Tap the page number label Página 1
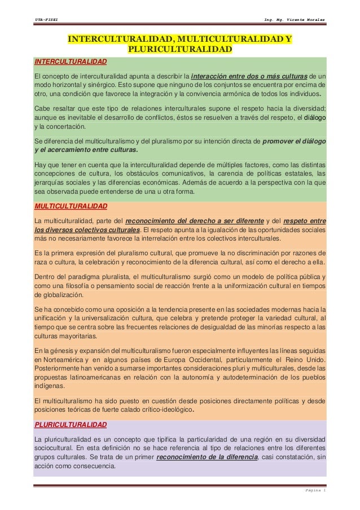click(x=313, y=491)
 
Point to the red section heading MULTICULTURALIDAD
click(x=69, y=207)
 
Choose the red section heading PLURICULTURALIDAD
click(x=70, y=424)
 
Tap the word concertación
click(x=63, y=127)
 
